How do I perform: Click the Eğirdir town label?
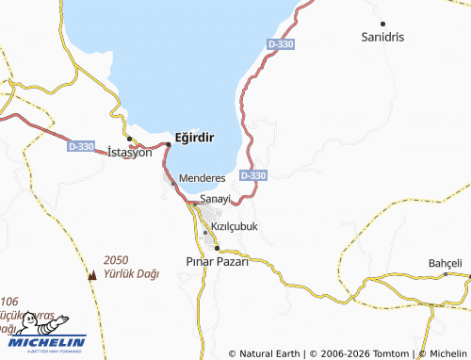[x=196, y=138]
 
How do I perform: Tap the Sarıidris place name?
[x=383, y=37]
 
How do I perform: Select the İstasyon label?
[x=130, y=152]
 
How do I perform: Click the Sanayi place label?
[x=216, y=200]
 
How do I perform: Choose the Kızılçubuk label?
[x=234, y=227]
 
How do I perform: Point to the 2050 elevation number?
[x=116, y=259]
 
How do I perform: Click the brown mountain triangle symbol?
[x=92, y=276]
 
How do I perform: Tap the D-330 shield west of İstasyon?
[x=81, y=147]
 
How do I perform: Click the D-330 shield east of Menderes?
[x=253, y=175]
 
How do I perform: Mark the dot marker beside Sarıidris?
[x=382, y=23]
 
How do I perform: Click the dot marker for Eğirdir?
[x=169, y=143]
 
